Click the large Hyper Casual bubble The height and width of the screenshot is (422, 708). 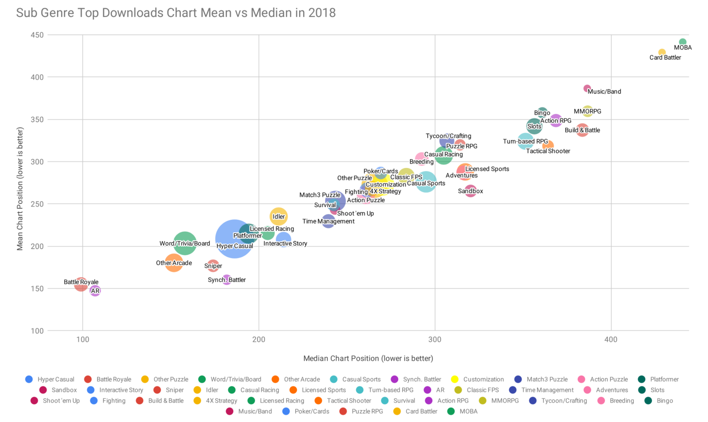tap(235, 239)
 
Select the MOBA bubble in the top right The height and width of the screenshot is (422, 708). tap(683, 42)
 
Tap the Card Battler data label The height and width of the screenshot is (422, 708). tap(665, 58)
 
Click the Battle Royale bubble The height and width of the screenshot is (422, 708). tap(81, 284)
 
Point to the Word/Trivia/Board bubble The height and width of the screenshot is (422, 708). tap(185, 243)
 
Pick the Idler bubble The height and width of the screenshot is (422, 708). tap(278, 216)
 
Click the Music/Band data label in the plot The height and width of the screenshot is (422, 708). tap(604, 91)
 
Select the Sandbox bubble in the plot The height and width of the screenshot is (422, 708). tap(470, 190)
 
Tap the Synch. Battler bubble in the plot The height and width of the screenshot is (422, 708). tap(226, 279)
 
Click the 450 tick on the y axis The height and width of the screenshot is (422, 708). tap(38, 35)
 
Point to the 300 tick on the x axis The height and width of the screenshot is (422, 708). tap(435, 340)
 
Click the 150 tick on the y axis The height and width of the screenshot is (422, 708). tap(38, 289)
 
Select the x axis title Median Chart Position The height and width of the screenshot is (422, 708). tap(368, 358)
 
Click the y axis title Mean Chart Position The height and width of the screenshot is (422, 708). tap(20, 189)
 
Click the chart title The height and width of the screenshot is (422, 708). tap(176, 12)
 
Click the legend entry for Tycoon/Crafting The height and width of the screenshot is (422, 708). tap(564, 401)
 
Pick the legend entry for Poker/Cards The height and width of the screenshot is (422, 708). tap(312, 411)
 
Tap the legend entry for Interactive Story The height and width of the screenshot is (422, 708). tap(121, 390)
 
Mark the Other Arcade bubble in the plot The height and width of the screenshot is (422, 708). tap(174, 263)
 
